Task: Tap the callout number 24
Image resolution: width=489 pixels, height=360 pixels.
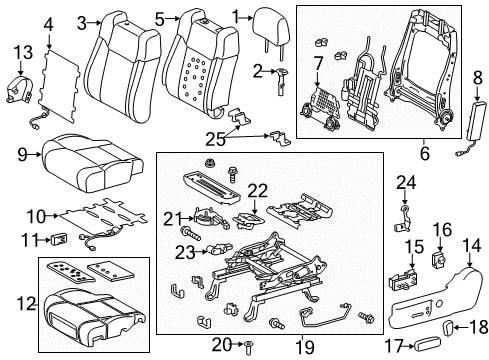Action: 404,182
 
